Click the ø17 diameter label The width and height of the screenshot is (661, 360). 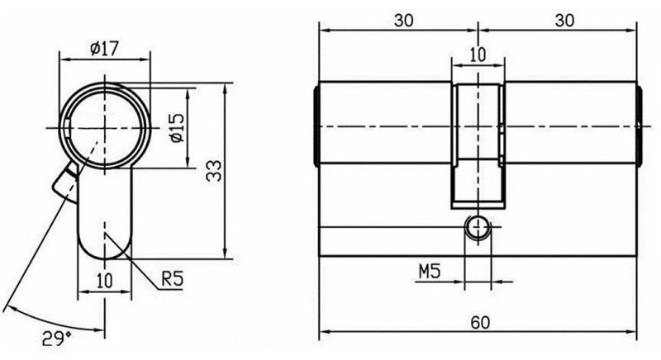point(105,49)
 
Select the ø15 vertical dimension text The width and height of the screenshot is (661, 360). point(178,128)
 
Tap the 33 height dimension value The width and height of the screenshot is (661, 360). point(214,171)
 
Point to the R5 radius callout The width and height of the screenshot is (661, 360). point(173,278)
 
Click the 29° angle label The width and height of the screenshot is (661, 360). point(56,338)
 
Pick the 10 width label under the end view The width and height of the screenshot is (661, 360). point(105,281)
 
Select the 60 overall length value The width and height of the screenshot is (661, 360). point(480,323)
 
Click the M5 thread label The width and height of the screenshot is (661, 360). point(430,272)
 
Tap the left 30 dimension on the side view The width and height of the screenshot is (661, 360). point(403,20)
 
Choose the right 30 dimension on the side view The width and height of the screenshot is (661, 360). point(564,20)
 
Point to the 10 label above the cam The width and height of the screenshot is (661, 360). point(478,54)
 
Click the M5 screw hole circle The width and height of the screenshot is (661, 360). point(478,228)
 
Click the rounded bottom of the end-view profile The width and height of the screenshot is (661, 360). point(105,249)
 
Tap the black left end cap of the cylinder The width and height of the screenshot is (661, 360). point(316,126)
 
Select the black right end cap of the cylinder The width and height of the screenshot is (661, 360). point(640,126)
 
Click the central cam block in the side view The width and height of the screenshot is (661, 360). point(478,146)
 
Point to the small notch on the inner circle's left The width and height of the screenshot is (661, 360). point(68,128)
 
